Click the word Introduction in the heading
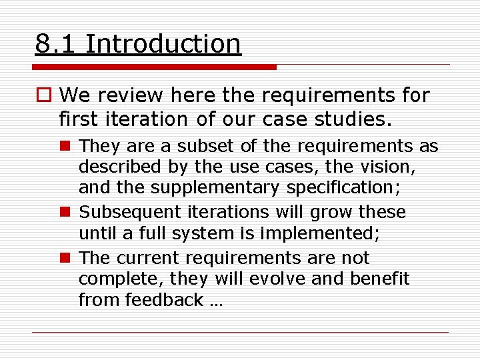(163, 44)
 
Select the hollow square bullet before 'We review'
(43, 96)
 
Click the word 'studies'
(360, 119)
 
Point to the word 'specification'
(343, 188)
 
